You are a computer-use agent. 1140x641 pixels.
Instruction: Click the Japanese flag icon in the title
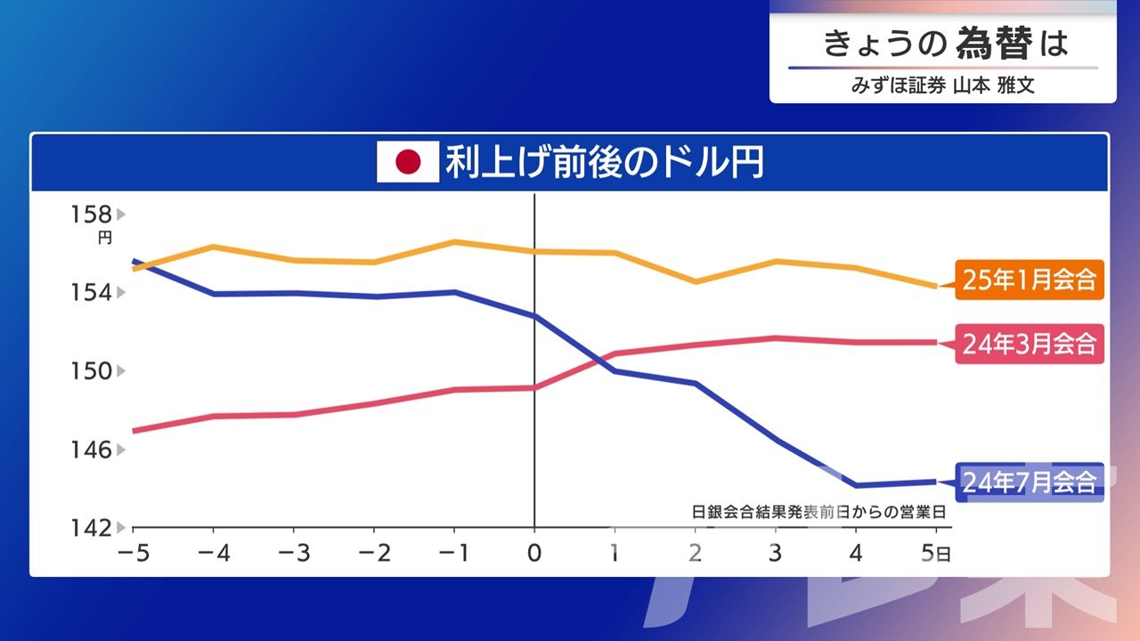tap(408, 162)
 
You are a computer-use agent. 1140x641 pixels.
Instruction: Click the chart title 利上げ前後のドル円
tap(604, 162)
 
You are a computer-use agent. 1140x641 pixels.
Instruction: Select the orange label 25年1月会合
tap(1029, 280)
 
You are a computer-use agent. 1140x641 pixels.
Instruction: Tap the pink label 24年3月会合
tap(1029, 343)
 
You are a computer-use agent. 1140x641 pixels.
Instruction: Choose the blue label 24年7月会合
tap(1029, 483)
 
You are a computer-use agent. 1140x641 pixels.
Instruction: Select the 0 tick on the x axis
tap(534, 553)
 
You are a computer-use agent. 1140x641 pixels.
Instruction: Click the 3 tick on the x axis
tap(776, 553)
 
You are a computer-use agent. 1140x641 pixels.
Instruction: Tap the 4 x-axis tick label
tap(856, 553)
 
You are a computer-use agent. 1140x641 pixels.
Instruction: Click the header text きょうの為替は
tap(944, 44)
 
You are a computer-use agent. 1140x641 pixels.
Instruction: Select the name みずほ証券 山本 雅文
tap(943, 87)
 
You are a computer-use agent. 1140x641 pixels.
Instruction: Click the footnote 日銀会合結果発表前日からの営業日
tap(818, 512)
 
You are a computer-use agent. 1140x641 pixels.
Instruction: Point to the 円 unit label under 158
tap(105, 238)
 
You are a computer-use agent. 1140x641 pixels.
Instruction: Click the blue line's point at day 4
tap(856, 485)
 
